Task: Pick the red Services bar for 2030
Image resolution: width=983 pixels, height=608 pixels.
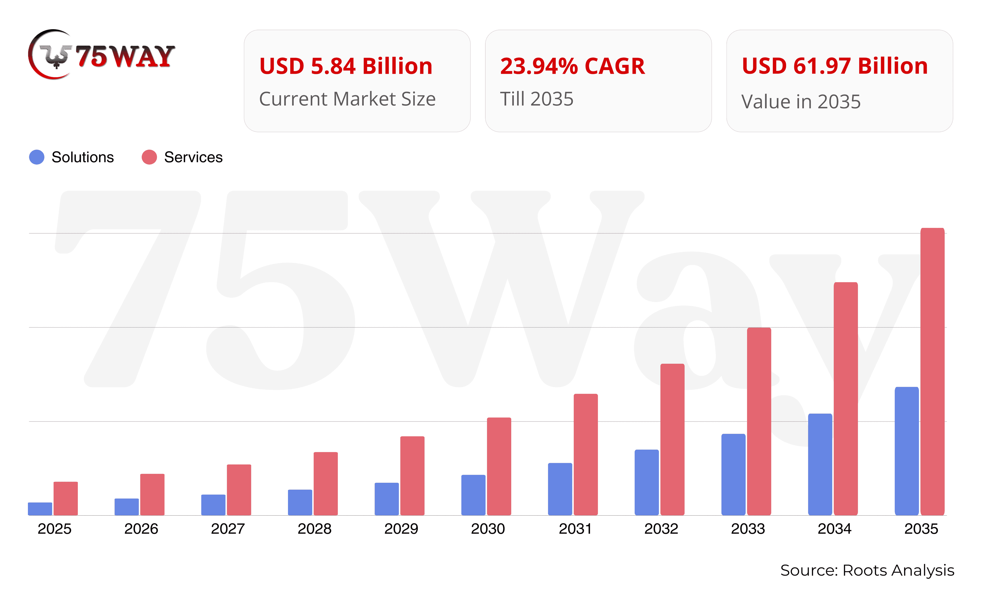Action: (x=499, y=466)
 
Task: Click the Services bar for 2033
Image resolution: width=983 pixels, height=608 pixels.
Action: (x=759, y=421)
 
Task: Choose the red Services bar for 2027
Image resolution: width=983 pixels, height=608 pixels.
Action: (x=239, y=490)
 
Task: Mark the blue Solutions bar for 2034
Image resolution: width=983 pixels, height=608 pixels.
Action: (x=820, y=464)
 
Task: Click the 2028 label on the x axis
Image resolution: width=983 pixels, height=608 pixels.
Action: (x=314, y=529)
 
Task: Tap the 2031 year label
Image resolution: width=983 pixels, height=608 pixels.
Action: (x=575, y=529)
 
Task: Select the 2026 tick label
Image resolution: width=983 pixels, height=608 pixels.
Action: (x=141, y=529)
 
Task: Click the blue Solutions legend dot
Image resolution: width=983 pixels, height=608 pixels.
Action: (x=37, y=157)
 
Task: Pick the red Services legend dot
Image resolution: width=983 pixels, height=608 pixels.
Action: (x=149, y=157)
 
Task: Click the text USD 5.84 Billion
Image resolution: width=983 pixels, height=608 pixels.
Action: (x=346, y=66)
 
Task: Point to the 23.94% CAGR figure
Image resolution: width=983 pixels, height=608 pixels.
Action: (x=572, y=66)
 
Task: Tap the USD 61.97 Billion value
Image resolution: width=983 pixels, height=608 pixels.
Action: (x=835, y=66)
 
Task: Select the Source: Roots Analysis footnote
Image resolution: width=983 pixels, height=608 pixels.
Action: (x=867, y=570)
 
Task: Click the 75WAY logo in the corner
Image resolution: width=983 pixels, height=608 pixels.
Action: (x=101, y=55)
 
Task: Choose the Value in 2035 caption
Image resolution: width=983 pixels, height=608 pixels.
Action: (x=801, y=101)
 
